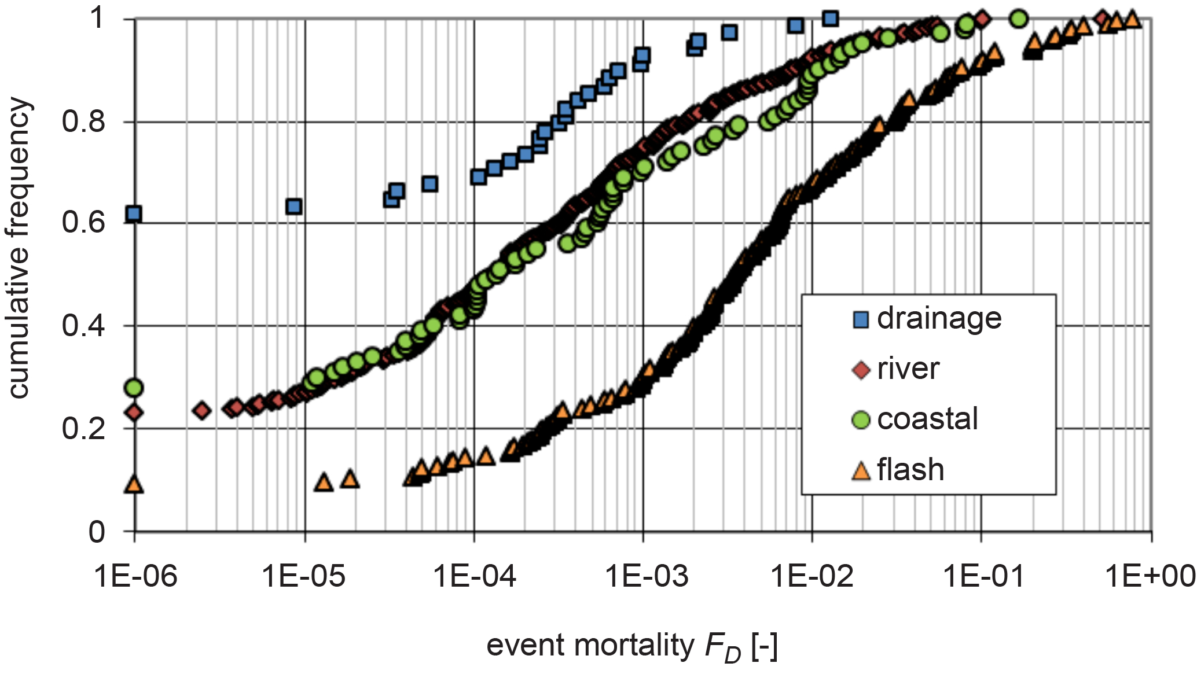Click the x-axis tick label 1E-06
pyautogui.click(x=135, y=576)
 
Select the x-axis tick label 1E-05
pyautogui.click(x=304, y=576)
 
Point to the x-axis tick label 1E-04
pyautogui.click(x=474, y=576)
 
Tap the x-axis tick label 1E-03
pyautogui.click(x=647, y=576)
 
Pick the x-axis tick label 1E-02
pyautogui.click(x=812, y=576)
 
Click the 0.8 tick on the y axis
pyautogui.click(x=83, y=122)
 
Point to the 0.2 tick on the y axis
pyautogui.click(x=83, y=429)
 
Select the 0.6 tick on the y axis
pyautogui.click(x=83, y=223)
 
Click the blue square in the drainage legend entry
pyautogui.click(x=861, y=319)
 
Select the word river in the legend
pyautogui.click(x=908, y=369)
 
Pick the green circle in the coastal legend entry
pyautogui.click(x=861, y=419)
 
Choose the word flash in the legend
pyautogui.click(x=910, y=469)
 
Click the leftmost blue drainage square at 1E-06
pyautogui.click(x=134, y=214)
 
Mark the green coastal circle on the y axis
pyautogui.click(x=134, y=388)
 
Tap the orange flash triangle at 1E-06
pyautogui.click(x=134, y=484)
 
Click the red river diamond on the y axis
pyautogui.click(x=134, y=412)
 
